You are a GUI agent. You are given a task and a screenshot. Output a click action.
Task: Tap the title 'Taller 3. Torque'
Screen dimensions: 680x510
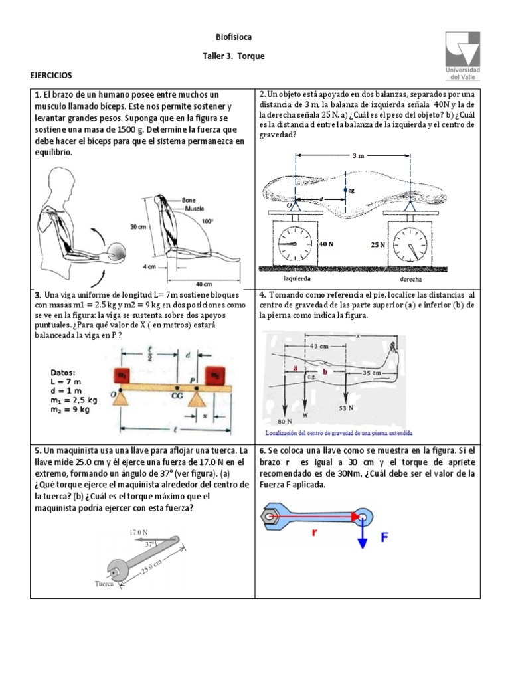tap(233, 56)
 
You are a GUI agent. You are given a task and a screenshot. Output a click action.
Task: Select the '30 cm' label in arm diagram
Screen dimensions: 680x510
tap(138, 226)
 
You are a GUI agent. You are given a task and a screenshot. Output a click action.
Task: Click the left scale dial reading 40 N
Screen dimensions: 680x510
tap(296, 243)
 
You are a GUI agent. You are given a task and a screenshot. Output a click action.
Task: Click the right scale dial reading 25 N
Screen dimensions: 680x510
tap(409, 244)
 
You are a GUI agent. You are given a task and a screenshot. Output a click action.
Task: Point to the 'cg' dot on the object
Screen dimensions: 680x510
tap(345, 189)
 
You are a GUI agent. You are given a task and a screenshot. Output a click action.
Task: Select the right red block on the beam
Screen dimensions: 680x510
tap(217, 375)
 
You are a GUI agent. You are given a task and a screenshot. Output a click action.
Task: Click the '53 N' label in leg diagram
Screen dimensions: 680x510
tap(347, 408)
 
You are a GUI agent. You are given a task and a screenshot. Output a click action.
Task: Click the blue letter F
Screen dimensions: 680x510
tap(384, 538)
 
